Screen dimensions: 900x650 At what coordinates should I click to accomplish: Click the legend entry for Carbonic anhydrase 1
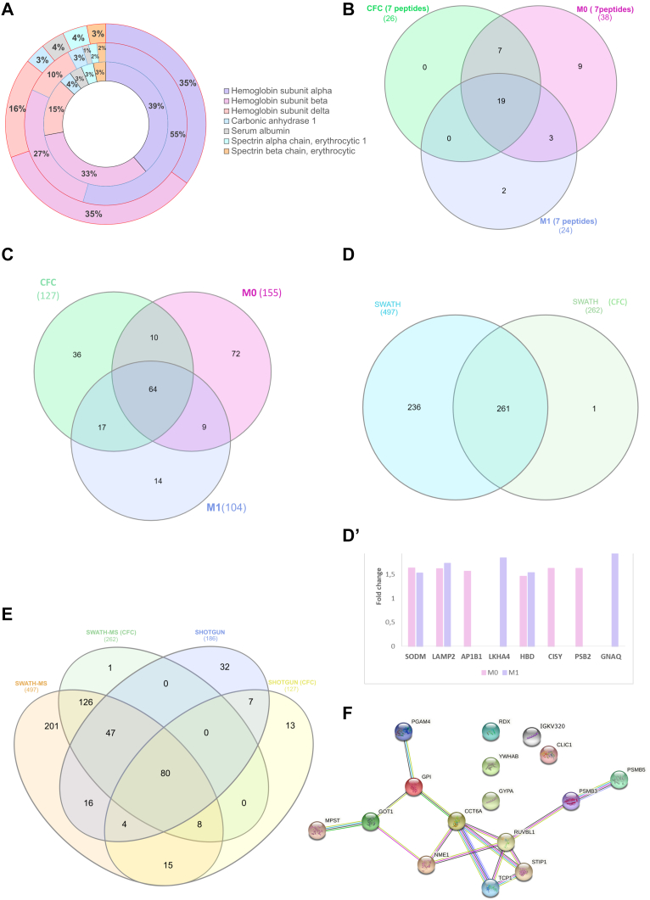point(270,125)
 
